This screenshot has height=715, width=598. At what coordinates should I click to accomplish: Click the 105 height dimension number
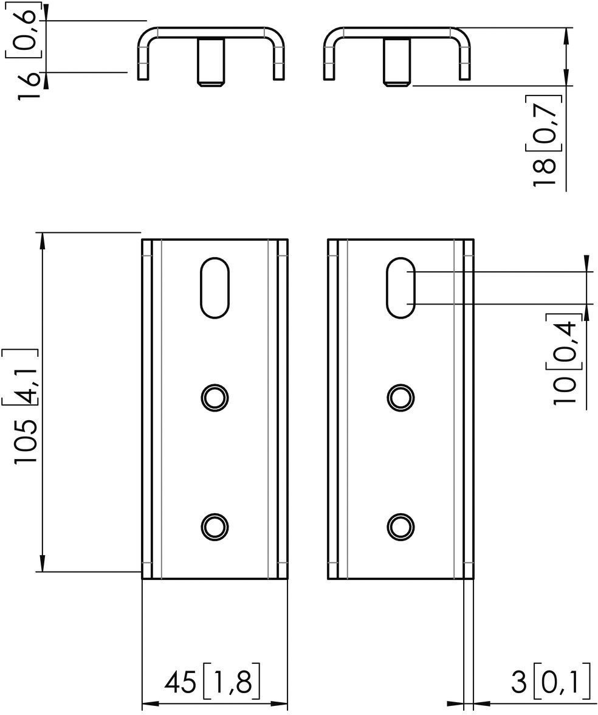25,442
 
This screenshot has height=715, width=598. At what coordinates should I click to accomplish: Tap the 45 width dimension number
180,683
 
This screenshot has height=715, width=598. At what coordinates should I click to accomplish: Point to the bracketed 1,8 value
231,682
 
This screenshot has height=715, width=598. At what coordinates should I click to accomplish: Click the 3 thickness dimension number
518,683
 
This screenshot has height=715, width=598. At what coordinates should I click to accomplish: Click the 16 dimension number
28,86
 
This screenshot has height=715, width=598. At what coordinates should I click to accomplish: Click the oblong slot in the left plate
215,288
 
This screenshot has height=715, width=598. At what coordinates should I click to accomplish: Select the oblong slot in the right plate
400,288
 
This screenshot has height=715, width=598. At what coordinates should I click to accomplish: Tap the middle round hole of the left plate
215,398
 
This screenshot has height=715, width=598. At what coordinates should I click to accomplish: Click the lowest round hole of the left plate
215,527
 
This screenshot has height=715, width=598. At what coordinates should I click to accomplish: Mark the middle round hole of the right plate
400,398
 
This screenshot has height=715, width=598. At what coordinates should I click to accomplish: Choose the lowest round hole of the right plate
400,527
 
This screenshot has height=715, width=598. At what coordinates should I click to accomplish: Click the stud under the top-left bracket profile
210,62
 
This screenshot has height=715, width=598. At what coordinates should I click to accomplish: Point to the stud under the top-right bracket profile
397,62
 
